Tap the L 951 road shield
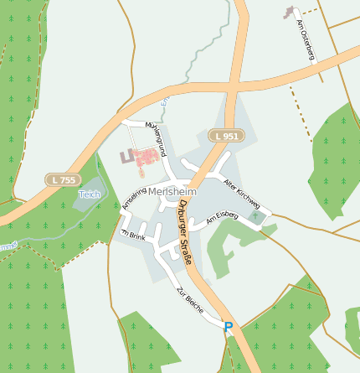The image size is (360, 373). pyautogui.click(x=225, y=136)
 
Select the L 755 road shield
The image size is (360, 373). pyautogui.click(x=62, y=180)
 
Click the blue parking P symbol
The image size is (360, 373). pyautogui.click(x=229, y=327)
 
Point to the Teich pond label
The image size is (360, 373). pyautogui.click(x=90, y=194)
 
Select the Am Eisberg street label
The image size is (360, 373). pyautogui.click(x=222, y=216)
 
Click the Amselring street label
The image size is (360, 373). pyautogui.click(x=128, y=199)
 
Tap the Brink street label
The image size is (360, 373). pyautogui.click(x=135, y=236)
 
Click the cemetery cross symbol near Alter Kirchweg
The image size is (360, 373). pyautogui.click(x=258, y=218)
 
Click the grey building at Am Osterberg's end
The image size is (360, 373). pyautogui.click(x=291, y=12)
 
